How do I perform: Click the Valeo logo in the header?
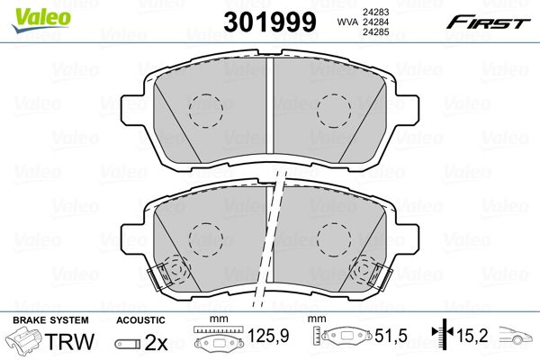click(x=41, y=20)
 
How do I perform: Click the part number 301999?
click(x=270, y=22)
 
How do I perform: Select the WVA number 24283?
click(x=375, y=12)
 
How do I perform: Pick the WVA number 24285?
click(x=375, y=32)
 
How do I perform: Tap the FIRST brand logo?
click(x=488, y=22)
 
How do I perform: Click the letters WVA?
click(x=347, y=22)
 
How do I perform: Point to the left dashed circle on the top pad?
click(x=205, y=111)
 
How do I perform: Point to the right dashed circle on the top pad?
click(x=334, y=111)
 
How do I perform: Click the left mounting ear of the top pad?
click(x=132, y=109)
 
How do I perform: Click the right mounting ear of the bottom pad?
click(x=408, y=238)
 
